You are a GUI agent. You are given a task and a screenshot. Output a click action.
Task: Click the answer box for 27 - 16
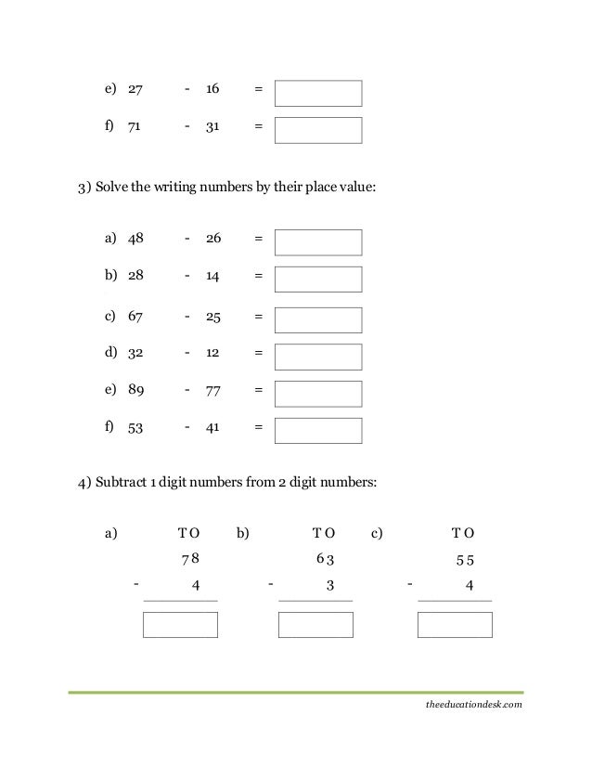(x=318, y=93)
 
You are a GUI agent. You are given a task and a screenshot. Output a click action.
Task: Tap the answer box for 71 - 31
(x=318, y=130)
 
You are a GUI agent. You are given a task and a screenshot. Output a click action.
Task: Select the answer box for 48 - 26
(x=318, y=242)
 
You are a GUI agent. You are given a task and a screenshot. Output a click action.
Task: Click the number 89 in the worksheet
(x=135, y=392)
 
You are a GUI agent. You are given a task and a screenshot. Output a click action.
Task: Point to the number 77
(x=212, y=392)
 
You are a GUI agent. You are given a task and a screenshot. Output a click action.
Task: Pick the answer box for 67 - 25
(x=318, y=319)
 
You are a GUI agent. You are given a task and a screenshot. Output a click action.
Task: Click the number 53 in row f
(x=135, y=429)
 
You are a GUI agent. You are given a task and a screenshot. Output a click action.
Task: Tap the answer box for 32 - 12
(x=318, y=357)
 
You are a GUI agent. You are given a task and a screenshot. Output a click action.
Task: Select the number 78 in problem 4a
(x=190, y=559)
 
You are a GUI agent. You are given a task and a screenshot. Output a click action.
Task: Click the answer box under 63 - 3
(x=315, y=625)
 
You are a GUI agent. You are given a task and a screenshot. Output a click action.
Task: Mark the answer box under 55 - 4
(x=455, y=625)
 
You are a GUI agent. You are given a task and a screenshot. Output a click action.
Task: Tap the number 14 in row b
(x=212, y=277)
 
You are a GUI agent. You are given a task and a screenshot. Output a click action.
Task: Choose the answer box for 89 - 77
(x=318, y=394)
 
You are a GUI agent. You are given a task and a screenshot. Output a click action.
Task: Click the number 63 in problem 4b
(x=325, y=559)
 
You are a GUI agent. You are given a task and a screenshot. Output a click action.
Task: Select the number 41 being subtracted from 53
(x=212, y=429)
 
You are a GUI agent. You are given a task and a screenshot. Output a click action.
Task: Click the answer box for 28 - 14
(x=318, y=279)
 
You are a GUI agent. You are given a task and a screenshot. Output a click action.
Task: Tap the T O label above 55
(x=462, y=533)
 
